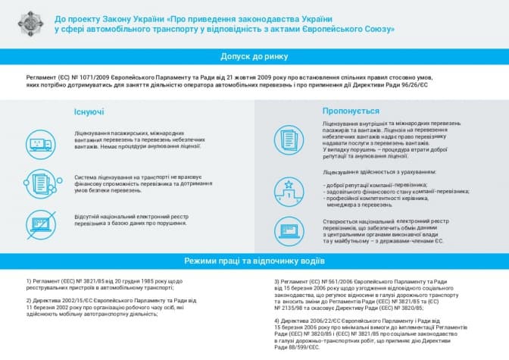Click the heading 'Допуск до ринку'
(254, 56)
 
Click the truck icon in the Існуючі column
(41, 142)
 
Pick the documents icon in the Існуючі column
(41, 182)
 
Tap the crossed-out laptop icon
(41, 222)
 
